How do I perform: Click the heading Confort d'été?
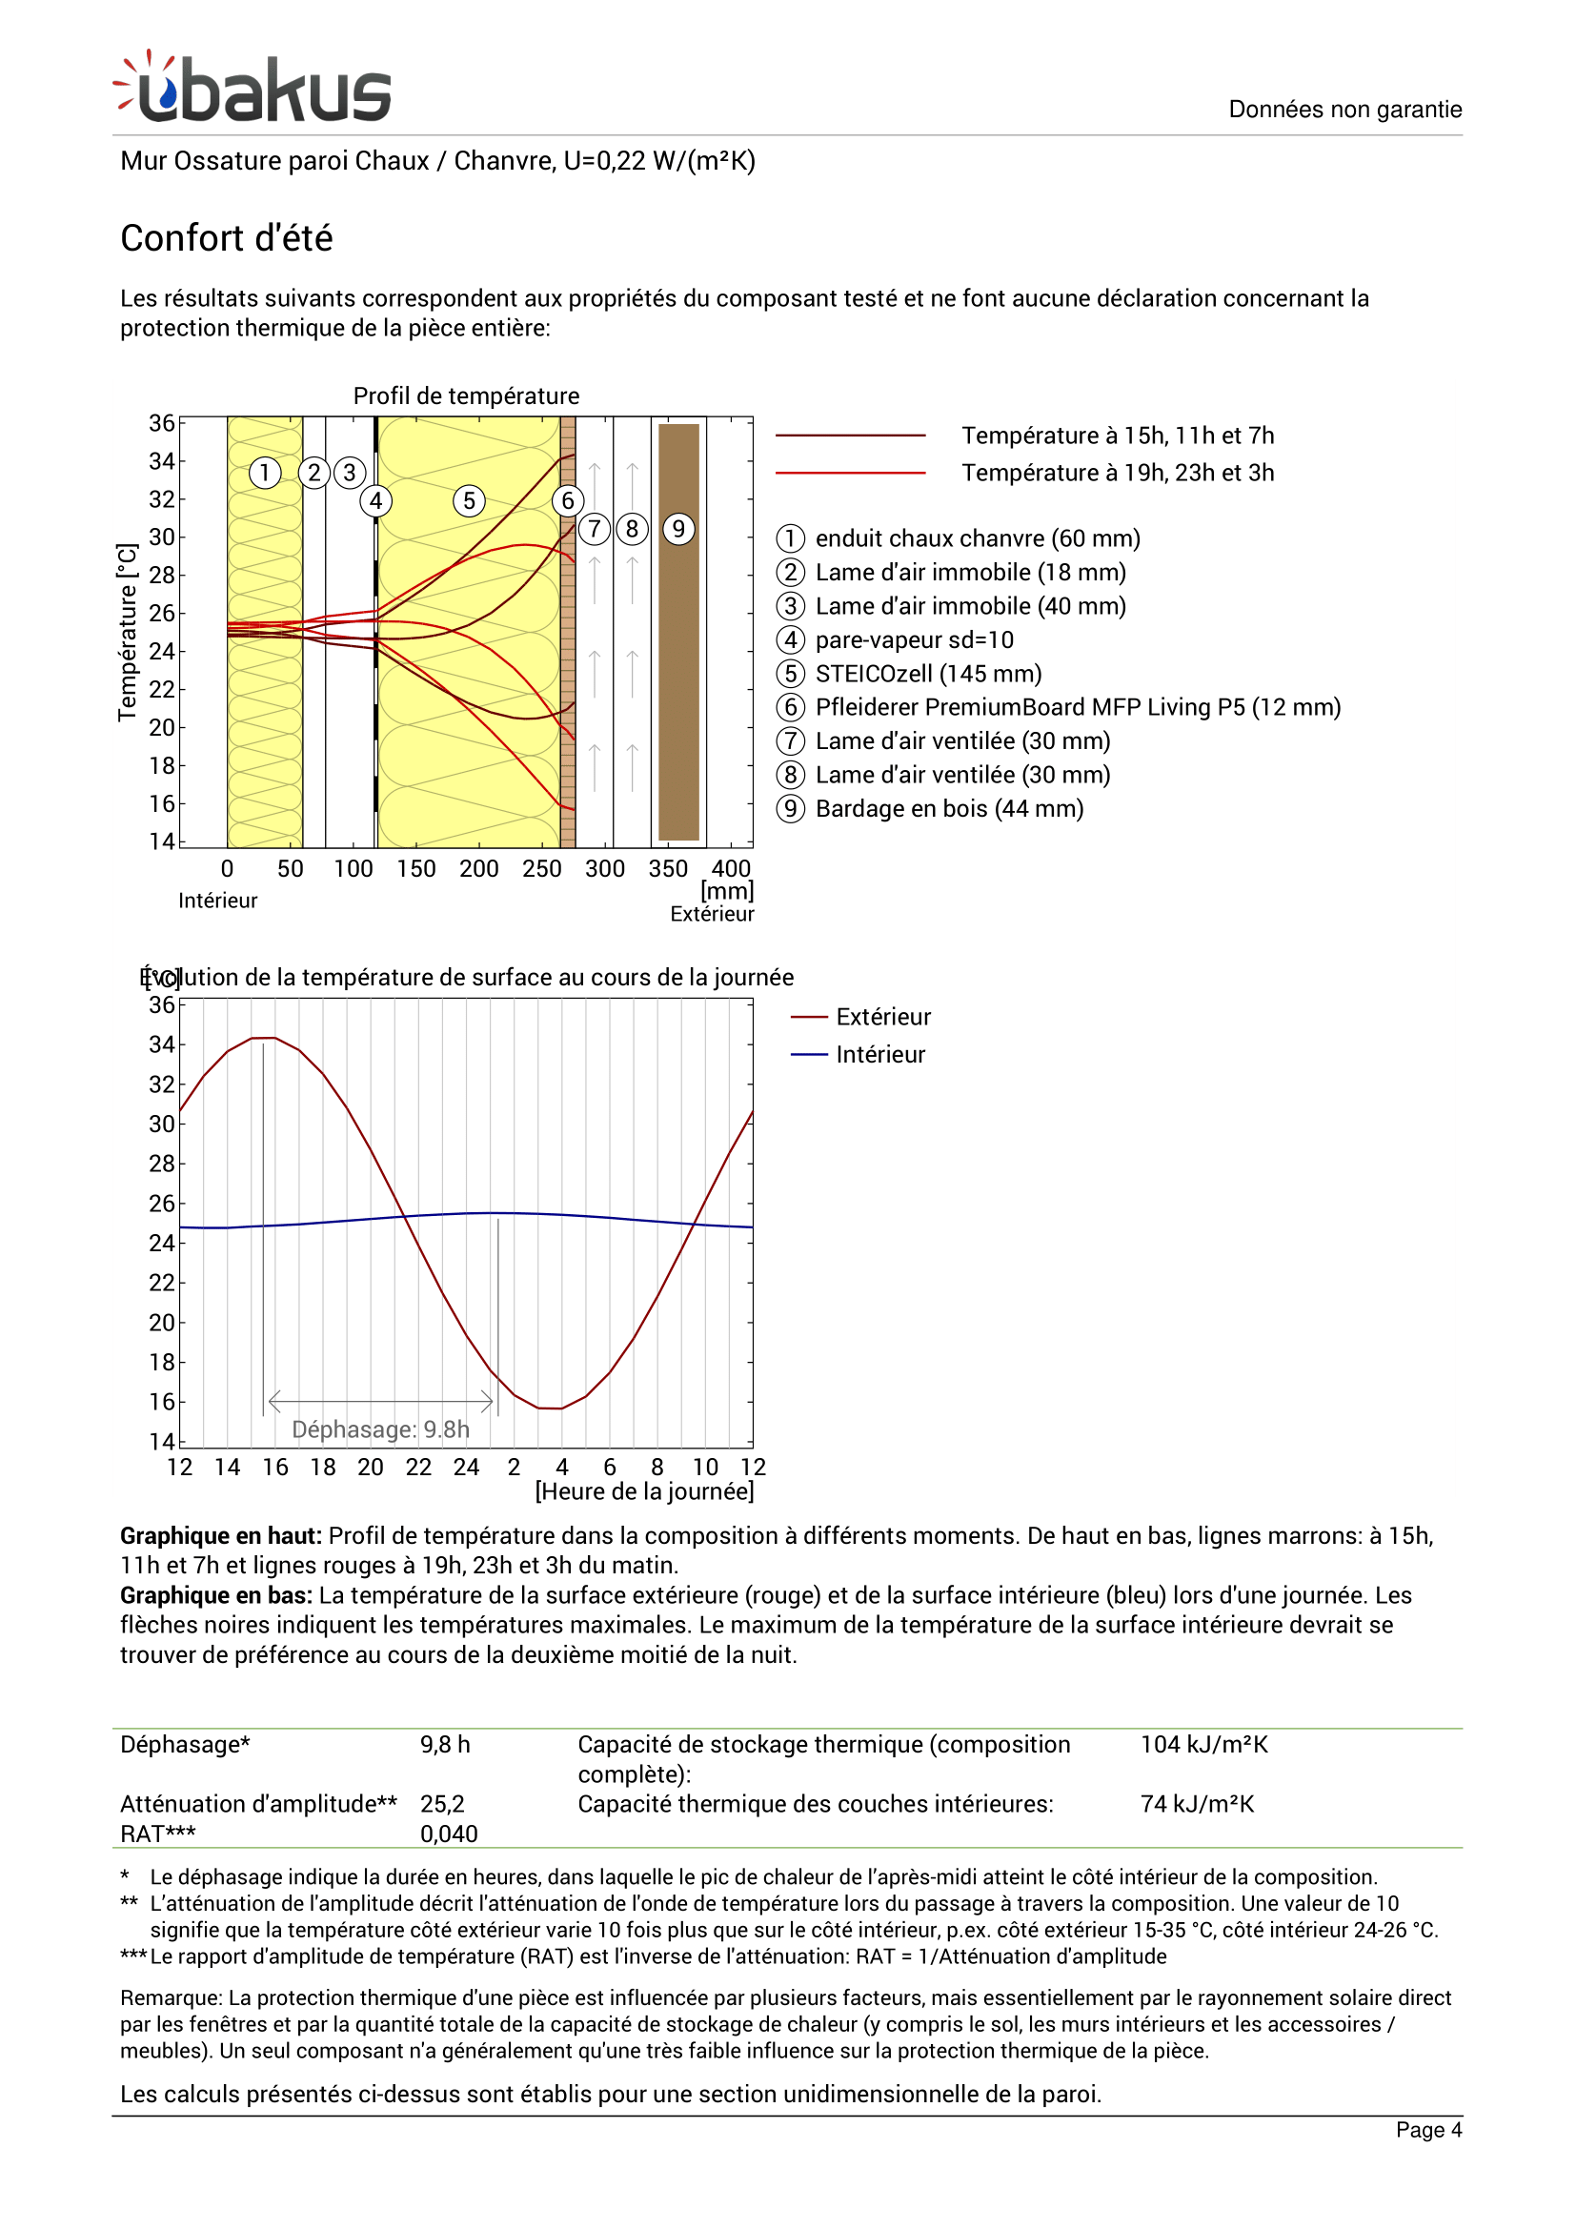[226, 238]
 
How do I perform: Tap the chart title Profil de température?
[466, 396]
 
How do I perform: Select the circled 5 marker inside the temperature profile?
[469, 501]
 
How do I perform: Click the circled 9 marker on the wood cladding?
[678, 529]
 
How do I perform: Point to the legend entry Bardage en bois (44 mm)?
[948, 809]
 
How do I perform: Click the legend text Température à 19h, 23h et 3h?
[1117, 473]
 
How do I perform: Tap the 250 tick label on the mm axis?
[541, 869]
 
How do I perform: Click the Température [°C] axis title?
[127, 632]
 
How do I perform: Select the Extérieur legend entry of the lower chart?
[882, 1017]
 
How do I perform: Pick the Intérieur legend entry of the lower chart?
[879, 1054]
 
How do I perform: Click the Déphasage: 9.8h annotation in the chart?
[380, 1429]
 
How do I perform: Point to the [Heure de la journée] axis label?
[644, 1491]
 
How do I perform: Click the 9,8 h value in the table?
[444, 1745]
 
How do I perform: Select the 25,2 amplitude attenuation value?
[442, 1804]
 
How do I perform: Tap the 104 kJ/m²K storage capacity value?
[1203, 1745]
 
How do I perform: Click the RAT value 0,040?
[449, 1834]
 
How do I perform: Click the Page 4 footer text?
[1427, 2130]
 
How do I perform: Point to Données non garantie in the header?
[1344, 109]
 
